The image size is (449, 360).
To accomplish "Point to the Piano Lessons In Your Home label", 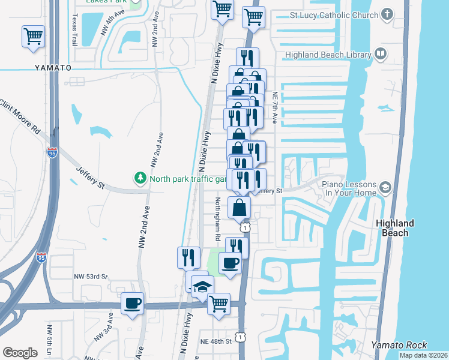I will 349,188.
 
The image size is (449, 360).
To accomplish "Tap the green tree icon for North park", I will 140,178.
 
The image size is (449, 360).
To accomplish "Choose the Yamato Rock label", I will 399,344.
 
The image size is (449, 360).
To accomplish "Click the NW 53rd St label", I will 91,277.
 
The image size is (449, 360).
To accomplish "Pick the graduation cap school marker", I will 202,286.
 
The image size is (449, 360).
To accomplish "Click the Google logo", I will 20,353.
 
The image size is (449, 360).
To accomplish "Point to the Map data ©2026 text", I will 423,355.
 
